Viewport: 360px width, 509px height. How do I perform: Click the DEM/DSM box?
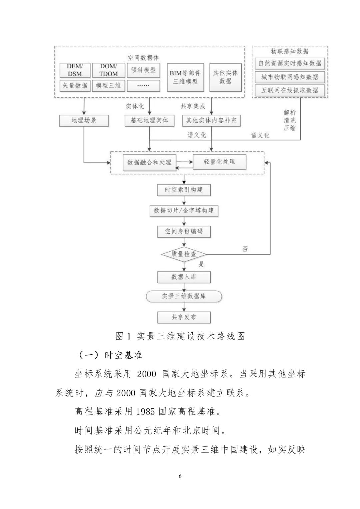tap(75, 70)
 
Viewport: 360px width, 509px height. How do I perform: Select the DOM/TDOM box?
tap(108, 70)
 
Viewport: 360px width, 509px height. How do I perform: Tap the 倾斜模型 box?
tap(143, 70)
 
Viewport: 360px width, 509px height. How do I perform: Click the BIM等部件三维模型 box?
tap(185, 77)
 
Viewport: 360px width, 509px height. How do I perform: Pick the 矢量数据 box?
tap(75, 85)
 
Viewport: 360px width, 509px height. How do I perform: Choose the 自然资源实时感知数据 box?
tap(290, 63)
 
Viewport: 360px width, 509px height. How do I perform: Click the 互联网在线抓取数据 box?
tap(290, 90)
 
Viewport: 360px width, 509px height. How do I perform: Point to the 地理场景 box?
tap(84, 120)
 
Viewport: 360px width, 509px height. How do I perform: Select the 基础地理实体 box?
tap(149, 120)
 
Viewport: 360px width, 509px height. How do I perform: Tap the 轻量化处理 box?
tap(219, 162)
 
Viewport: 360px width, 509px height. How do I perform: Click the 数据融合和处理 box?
tap(149, 163)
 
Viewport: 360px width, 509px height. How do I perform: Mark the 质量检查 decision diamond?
tap(184, 254)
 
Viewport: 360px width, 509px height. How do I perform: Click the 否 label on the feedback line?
tap(245, 249)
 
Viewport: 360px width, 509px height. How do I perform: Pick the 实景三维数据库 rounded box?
tap(184, 296)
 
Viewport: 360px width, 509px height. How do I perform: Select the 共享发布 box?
tap(184, 317)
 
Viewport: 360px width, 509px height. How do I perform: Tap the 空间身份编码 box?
tap(184, 231)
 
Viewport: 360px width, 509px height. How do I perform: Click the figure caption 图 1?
tap(123, 336)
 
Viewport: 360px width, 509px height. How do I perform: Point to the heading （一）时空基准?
tap(110, 355)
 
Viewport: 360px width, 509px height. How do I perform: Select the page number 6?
tap(180, 476)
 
